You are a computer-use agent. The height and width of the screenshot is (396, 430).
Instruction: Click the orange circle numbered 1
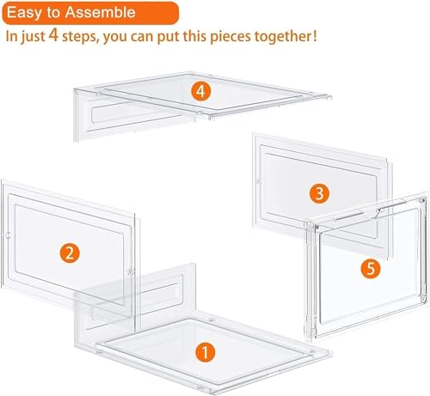pyautogui.click(x=204, y=350)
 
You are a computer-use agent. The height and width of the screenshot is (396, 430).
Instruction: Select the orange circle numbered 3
pyautogui.click(x=318, y=194)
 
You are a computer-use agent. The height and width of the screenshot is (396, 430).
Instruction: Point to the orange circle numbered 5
pyautogui.click(x=370, y=269)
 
